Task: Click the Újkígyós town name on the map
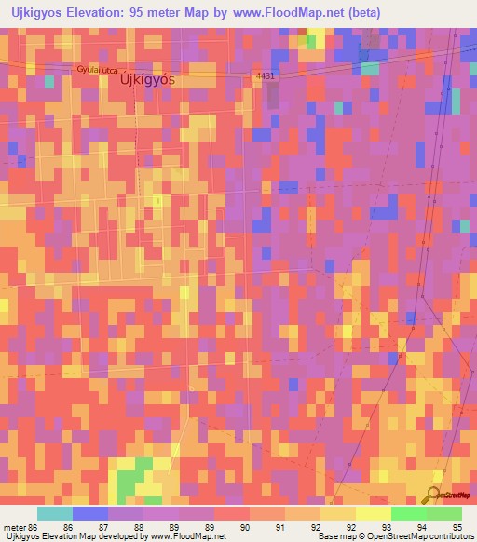(x=147, y=80)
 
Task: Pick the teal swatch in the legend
(x=54, y=513)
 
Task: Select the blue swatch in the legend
(x=89, y=513)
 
